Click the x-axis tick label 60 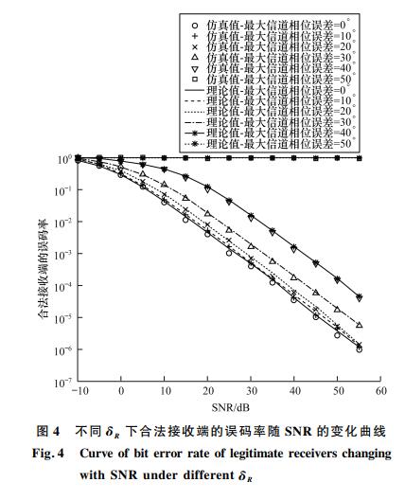380,390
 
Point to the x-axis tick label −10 79,390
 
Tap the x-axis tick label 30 252,390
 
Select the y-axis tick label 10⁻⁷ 63,382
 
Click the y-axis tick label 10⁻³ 63,254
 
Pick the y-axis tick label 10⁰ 65,159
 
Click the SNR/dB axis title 230,407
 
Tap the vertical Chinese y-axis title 43,269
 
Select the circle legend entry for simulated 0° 195,26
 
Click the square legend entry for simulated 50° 195,80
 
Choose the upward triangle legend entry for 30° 195,58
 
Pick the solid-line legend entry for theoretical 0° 194,90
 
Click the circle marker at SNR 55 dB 360,349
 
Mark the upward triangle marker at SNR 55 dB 360,325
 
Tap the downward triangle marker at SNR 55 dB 360,299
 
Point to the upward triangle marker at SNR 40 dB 293,277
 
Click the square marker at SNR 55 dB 360,158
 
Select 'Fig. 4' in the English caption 48,454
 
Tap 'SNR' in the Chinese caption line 298,432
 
